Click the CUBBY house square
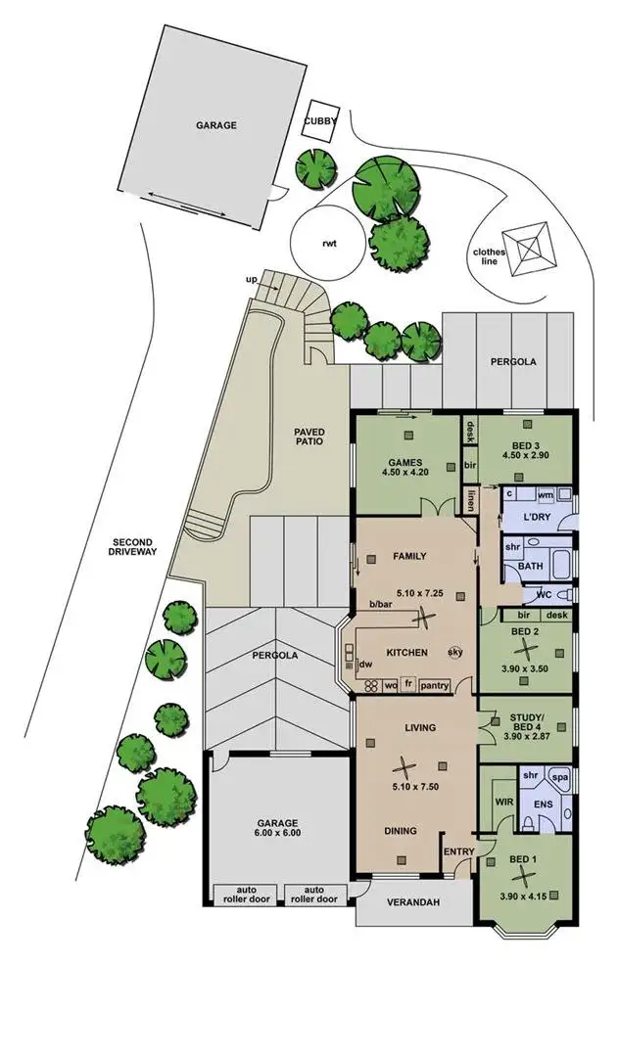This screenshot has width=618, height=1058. (321, 121)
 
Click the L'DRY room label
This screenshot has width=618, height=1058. (537, 516)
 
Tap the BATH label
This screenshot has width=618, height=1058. (531, 567)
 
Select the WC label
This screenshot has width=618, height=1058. (544, 595)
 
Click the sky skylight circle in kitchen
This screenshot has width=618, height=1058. (455, 652)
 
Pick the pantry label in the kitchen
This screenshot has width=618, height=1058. (434, 685)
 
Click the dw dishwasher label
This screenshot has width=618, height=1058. (366, 665)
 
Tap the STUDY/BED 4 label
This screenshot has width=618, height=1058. (527, 721)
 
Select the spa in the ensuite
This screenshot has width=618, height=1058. (559, 777)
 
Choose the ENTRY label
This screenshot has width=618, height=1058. (458, 852)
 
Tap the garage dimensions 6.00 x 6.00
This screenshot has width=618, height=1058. (278, 834)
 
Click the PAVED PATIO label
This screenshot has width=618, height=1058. (309, 437)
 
